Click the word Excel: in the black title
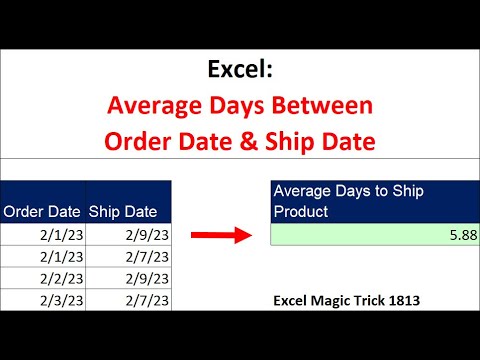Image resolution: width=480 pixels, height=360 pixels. pyautogui.click(x=239, y=70)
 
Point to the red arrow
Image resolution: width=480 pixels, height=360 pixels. pyautogui.click(x=220, y=235)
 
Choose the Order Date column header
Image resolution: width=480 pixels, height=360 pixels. pyautogui.click(x=42, y=211)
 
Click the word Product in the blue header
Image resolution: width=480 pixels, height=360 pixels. pyautogui.click(x=303, y=210)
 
